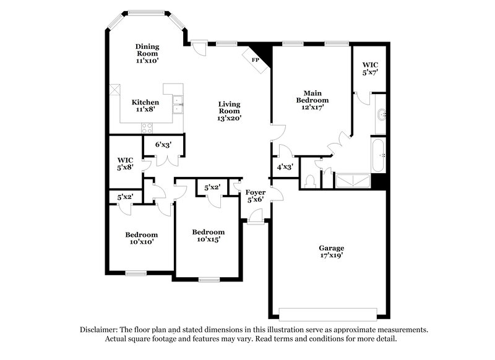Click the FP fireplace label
point(255,60)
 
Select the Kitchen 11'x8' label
point(145,106)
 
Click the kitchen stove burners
point(147,128)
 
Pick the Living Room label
point(229,111)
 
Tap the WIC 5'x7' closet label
point(370,68)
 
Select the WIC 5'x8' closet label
point(126,163)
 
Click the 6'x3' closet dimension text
point(163,145)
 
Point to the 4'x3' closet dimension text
point(285,167)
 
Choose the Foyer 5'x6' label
point(256,196)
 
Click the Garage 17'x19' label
point(332,252)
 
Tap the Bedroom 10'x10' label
point(141,238)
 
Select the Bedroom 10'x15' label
point(207,235)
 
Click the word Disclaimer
point(100,330)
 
